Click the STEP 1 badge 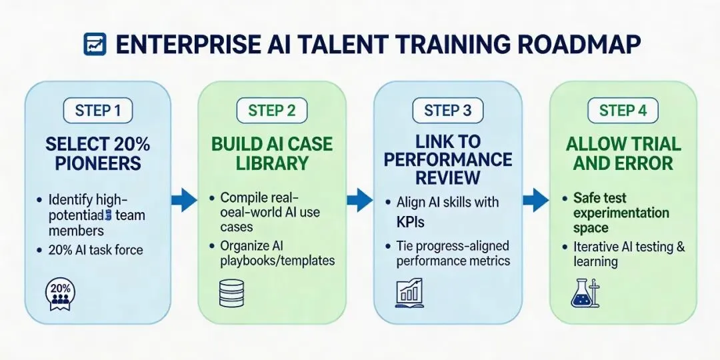pyautogui.click(x=97, y=110)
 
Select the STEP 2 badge pyautogui.click(x=271, y=110)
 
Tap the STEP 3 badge pyautogui.click(x=447, y=110)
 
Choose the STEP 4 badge pyautogui.click(x=623, y=110)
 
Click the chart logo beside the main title pyautogui.click(x=94, y=44)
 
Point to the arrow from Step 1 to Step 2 pyautogui.click(x=185, y=198)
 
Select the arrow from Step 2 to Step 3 pyautogui.click(x=360, y=198)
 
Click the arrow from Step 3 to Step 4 pyautogui.click(x=535, y=198)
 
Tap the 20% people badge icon pyautogui.click(x=61, y=293)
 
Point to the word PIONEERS pyautogui.click(x=97, y=163)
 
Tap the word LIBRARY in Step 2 pyautogui.click(x=271, y=163)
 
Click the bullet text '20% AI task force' pyautogui.click(x=96, y=251)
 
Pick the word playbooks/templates pyautogui.click(x=277, y=261)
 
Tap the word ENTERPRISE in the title pyautogui.click(x=189, y=45)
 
